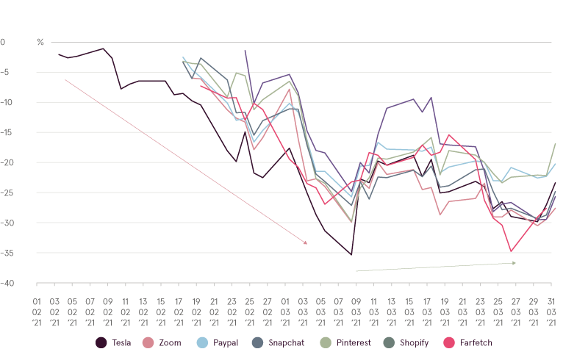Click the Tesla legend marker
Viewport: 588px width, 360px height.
click(x=101, y=342)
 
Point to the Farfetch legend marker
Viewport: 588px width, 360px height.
click(x=450, y=342)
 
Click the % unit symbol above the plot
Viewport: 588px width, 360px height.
click(x=40, y=42)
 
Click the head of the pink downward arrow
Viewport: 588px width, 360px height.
click(x=306, y=243)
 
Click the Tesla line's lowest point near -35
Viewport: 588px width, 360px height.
click(x=351, y=254)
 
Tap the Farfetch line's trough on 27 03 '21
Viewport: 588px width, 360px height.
click(x=511, y=251)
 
